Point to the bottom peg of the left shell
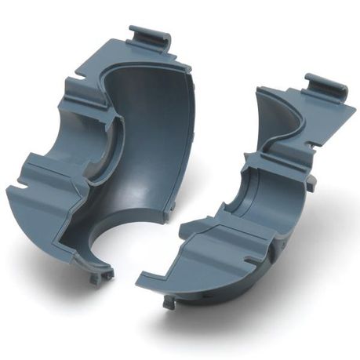click(100, 277)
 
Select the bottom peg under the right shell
click(168, 301)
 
